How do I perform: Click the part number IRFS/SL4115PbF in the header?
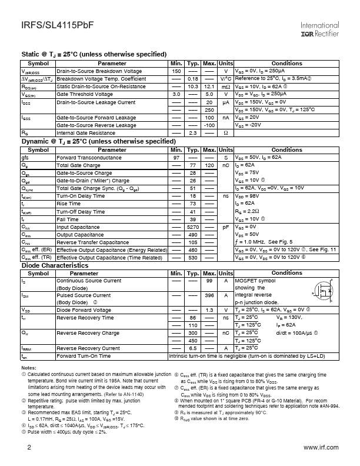click(49, 26)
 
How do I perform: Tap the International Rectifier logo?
click(319, 30)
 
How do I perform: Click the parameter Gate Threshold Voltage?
click(85, 94)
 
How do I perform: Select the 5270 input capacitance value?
click(192, 227)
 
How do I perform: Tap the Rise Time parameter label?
click(70, 204)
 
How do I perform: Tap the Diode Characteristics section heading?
click(55, 265)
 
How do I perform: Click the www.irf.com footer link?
click(321, 448)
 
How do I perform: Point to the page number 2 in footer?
click(29, 448)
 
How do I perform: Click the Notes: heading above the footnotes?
click(28, 368)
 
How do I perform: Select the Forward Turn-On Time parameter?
click(83, 356)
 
